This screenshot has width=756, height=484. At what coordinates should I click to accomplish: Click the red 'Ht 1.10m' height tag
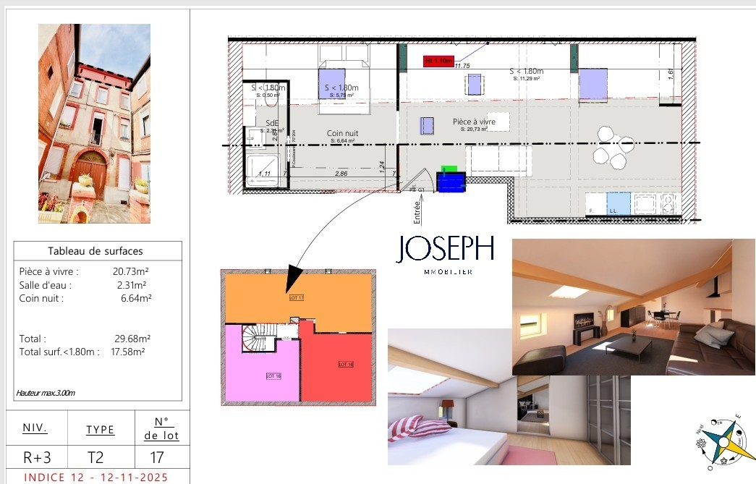tap(438, 61)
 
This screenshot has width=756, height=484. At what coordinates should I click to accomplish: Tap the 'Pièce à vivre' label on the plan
tap(474, 122)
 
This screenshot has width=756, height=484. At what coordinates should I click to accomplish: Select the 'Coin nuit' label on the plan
tap(342, 133)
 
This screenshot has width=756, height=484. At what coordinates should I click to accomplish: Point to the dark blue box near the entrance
tap(451, 182)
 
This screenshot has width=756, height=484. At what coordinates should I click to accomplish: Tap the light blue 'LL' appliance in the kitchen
tap(618, 203)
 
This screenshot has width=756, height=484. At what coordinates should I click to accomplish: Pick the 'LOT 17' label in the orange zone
tap(296, 297)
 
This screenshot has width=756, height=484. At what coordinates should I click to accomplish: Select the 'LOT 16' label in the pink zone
tap(273, 375)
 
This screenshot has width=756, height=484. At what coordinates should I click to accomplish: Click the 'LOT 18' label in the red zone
tap(346, 364)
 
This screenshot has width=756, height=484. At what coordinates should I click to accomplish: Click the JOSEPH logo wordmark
tap(445, 249)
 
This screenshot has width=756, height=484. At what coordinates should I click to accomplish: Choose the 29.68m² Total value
tap(135, 338)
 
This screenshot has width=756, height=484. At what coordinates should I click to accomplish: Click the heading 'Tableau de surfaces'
tap(95, 251)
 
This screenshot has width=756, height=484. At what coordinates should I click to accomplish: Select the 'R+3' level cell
tap(36, 457)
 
